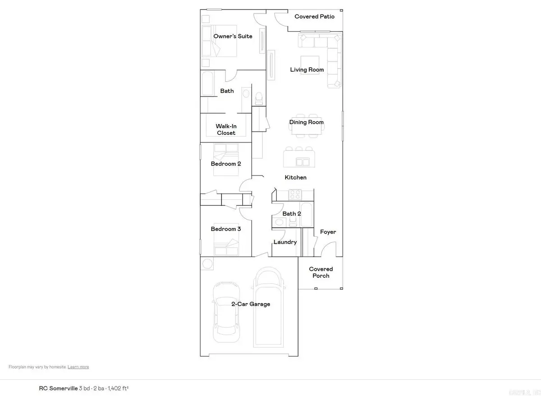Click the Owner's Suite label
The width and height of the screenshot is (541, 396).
233,36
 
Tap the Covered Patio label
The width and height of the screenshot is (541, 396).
314,17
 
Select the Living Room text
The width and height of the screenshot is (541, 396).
307,70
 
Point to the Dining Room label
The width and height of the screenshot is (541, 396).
307,122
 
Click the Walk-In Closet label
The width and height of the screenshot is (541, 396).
226,130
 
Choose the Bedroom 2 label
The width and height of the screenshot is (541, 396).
226,164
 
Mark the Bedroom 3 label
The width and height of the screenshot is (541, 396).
226,229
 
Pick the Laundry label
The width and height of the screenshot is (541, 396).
285,242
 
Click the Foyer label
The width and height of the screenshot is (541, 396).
328,232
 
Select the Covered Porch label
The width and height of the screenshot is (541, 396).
321,272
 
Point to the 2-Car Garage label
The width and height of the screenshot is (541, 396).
251,304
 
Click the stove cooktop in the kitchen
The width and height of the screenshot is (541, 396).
295,194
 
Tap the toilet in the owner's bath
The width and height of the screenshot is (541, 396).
259,97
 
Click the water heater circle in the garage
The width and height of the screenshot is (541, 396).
207,264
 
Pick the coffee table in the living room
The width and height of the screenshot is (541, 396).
310,62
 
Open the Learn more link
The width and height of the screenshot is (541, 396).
78,367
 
